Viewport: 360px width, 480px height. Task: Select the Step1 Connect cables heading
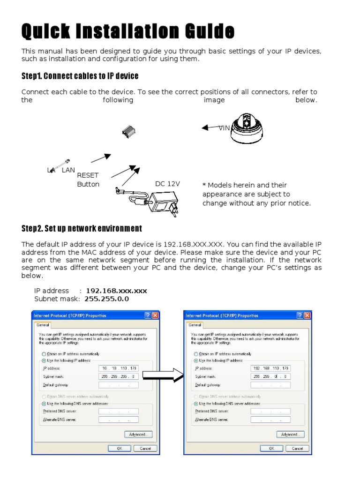80,75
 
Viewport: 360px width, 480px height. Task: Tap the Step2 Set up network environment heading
82,228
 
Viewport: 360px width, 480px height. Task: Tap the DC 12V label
167,184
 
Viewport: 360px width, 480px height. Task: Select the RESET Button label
88,180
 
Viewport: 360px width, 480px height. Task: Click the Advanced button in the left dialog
139,434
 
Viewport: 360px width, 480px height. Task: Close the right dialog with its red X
307,315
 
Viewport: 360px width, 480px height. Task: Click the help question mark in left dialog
148,315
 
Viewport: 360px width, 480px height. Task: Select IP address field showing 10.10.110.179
119,368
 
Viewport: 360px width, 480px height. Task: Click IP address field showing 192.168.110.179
271,368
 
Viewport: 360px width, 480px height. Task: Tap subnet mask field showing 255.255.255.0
119,376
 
